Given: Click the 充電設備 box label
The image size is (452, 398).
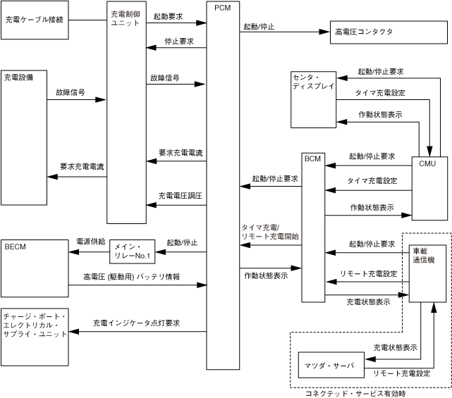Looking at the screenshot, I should tap(19, 75).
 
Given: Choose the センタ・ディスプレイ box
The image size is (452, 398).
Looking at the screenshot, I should tap(314, 99).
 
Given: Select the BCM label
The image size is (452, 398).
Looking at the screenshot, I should tap(312, 159).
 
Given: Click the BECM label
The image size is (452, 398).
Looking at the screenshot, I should tap(16, 247).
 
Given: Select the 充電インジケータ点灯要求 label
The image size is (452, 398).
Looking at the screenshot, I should tap(136, 323).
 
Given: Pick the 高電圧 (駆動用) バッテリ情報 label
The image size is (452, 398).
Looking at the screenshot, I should tap(131, 276).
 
